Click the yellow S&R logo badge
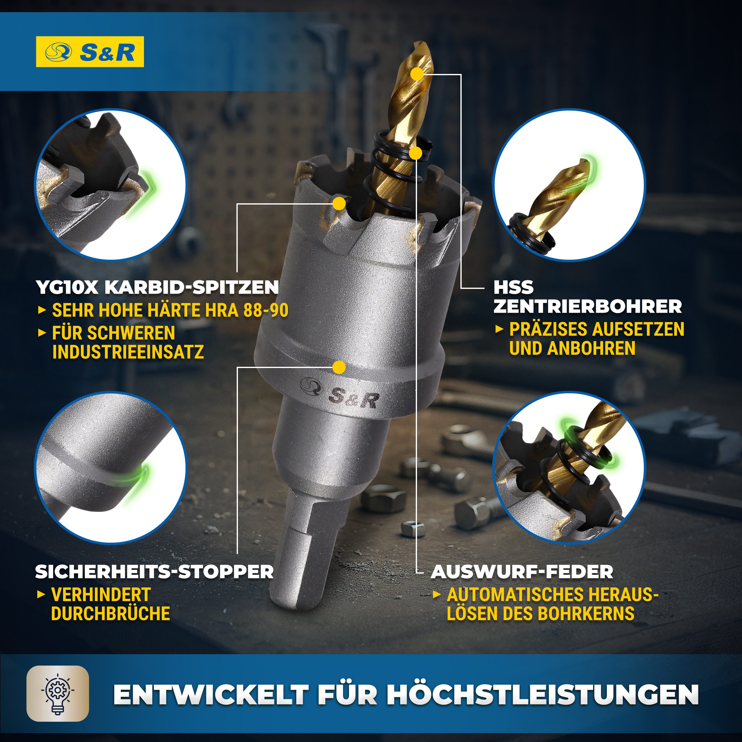(90, 52)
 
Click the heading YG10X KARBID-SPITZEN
(157, 287)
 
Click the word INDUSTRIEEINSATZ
(128, 352)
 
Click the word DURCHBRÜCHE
(111, 613)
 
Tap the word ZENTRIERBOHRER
(588, 306)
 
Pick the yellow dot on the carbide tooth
(339, 204)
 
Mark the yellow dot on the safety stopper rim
(339, 367)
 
